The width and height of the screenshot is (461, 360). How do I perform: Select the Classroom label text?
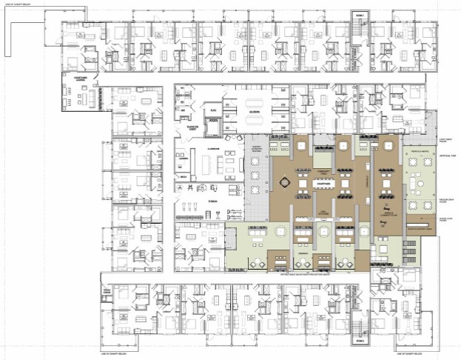[x=215, y=149]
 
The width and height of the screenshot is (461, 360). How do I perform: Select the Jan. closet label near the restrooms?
[x=182, y=110]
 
